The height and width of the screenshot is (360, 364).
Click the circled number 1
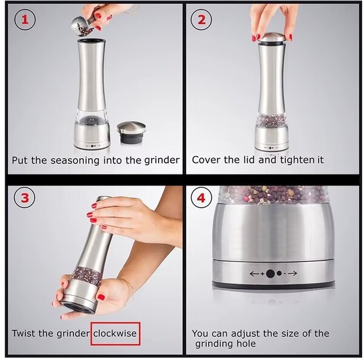[25, 19]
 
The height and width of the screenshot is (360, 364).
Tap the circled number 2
[201, 19]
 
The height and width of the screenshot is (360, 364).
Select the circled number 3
[25, 198]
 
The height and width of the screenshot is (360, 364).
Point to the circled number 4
[201, 198]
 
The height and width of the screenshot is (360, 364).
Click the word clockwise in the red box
[115, 333]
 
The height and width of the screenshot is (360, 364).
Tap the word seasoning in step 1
[75, 161]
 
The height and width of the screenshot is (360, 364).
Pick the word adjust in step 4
[245, 334]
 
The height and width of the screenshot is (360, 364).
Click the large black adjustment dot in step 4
[270, 274]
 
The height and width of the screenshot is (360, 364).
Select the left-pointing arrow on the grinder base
[254, 274]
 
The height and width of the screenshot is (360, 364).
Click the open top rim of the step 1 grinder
[91, 41]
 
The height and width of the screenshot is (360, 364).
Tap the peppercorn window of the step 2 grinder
[272, 120]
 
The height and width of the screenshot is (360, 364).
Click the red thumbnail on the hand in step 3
[101, 297]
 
